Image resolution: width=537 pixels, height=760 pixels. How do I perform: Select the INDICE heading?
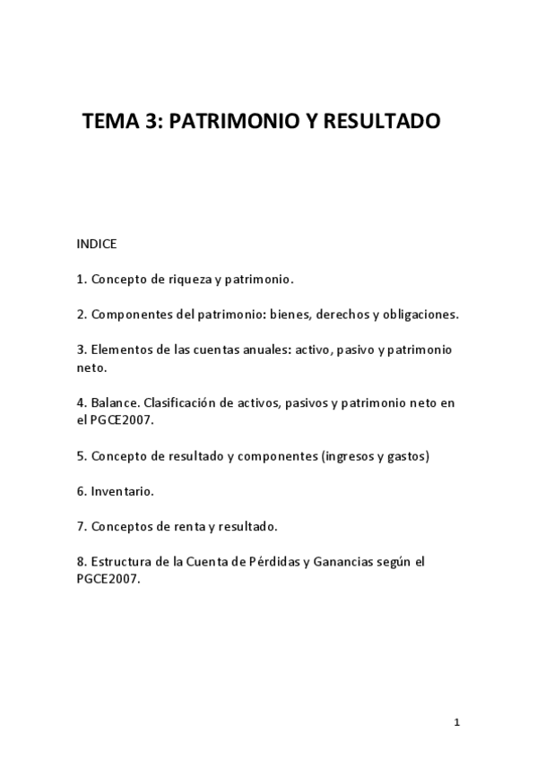97,244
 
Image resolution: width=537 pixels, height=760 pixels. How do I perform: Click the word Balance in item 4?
113,403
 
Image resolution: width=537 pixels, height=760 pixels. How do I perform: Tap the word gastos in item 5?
409,456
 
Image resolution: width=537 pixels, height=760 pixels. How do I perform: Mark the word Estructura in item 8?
120,562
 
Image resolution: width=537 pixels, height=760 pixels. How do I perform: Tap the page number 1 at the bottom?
456,722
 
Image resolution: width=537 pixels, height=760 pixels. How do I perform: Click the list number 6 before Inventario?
81,491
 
